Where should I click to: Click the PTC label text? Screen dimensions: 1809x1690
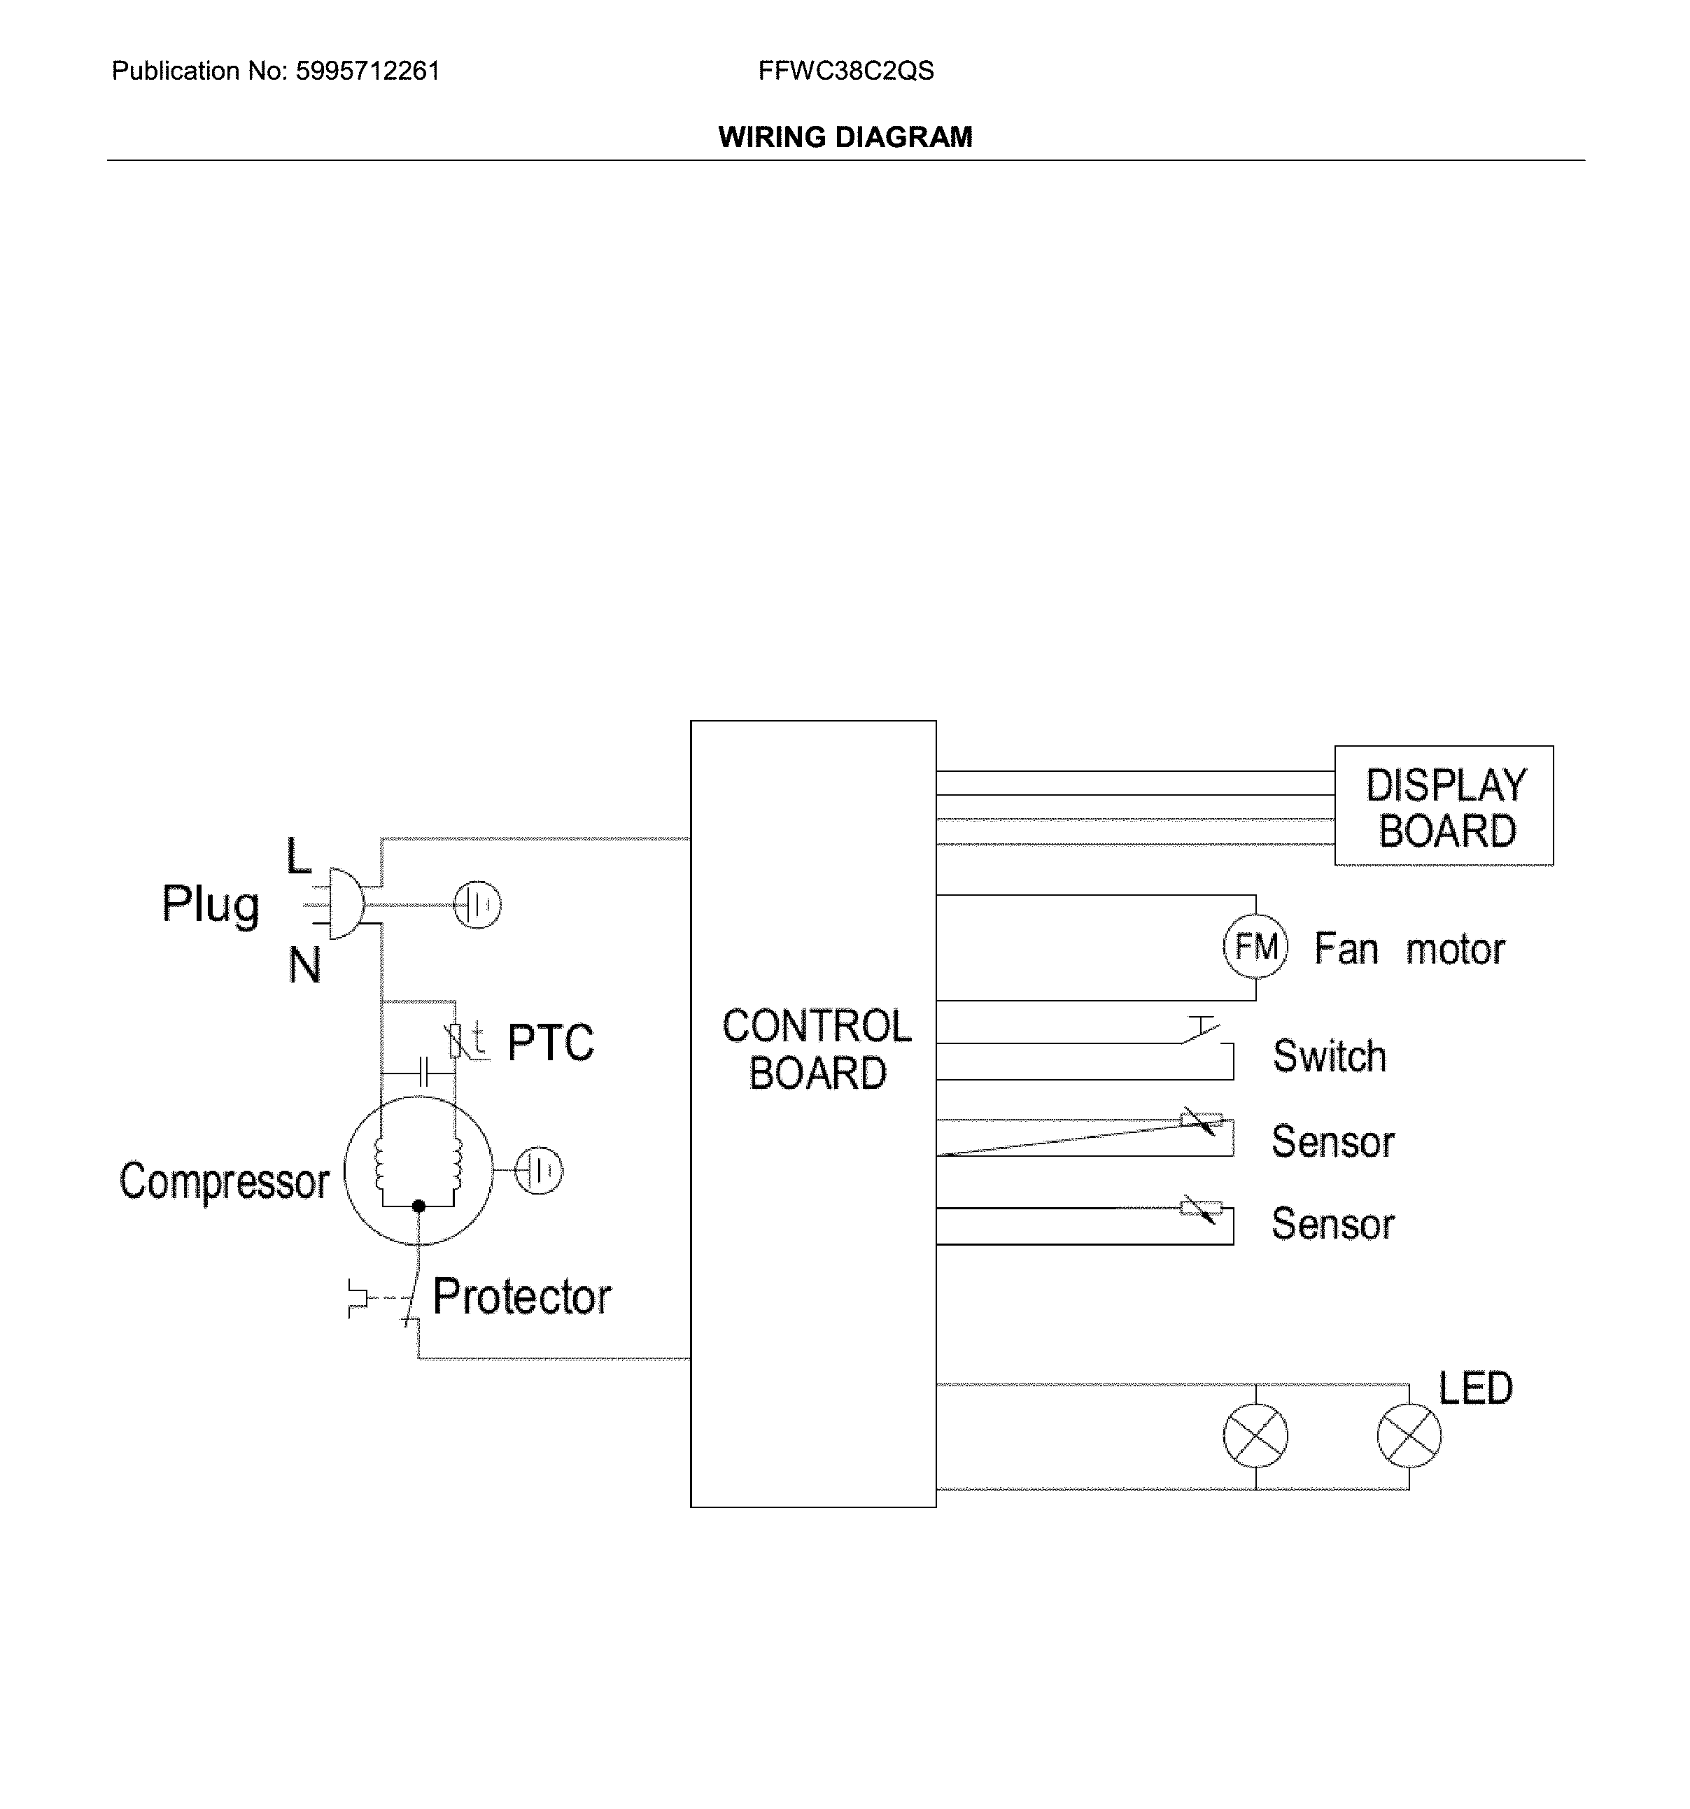[549, 1042]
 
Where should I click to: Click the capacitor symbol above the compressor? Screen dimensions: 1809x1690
[422, 1072]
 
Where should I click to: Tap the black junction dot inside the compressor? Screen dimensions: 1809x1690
[418, 1206]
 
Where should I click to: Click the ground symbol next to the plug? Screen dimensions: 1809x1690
[477, 904]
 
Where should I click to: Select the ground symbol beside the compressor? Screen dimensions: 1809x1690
[539, 1170]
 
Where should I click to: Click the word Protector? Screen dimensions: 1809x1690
[521, 1296]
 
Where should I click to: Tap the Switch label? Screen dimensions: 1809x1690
[1329, 1055]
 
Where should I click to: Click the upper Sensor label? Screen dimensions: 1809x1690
[1332, 1141]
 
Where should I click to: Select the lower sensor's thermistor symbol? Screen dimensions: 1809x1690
[1200, 1209]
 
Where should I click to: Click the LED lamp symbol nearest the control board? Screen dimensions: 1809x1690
[1255, 1435]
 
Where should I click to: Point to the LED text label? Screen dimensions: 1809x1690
[1474, 1388]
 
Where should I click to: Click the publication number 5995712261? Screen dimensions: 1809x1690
[367, 71]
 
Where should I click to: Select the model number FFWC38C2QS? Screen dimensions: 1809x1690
[845, 71]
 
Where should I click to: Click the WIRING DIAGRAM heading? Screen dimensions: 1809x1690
[845, 137]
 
